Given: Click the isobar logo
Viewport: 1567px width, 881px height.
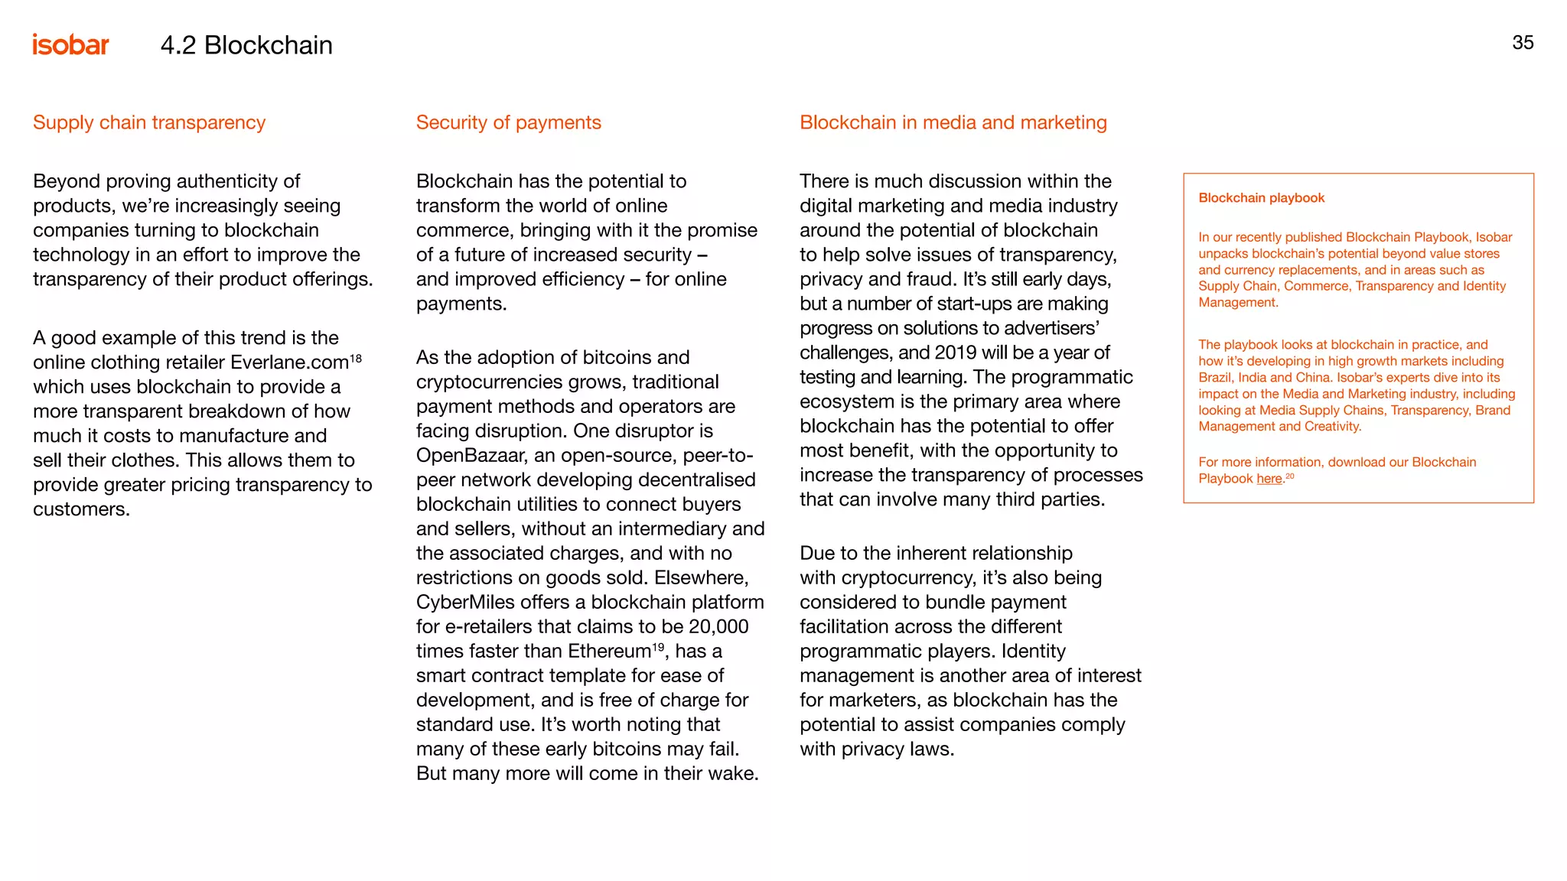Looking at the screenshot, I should click(70, 45).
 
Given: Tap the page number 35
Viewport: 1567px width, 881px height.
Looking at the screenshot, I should click(1523, 43).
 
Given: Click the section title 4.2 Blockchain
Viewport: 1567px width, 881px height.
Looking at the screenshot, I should click(246, 45).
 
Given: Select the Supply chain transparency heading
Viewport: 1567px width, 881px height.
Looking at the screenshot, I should click(149, 122).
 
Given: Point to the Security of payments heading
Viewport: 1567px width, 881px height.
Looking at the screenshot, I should click(508, 122).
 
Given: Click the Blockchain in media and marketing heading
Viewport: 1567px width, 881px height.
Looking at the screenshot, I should click(953, 122).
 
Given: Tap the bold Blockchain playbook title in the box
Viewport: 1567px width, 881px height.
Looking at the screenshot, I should click(1261, 198).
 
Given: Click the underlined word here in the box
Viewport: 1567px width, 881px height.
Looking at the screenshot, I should click(1269, 479).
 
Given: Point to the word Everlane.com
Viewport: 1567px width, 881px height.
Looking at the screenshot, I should click(289, 362).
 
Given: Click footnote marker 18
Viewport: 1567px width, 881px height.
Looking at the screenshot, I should click(356, 358).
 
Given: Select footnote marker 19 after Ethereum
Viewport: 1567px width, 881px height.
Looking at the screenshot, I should click(658, 647).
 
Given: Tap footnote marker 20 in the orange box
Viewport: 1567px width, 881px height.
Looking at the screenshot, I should click(1290, 476).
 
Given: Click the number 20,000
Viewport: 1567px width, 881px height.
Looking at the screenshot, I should click(718, 627).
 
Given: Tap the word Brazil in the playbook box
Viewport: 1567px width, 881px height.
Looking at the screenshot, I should click(1215, 378).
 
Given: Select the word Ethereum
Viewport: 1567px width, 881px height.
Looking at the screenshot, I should click(609, 652).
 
